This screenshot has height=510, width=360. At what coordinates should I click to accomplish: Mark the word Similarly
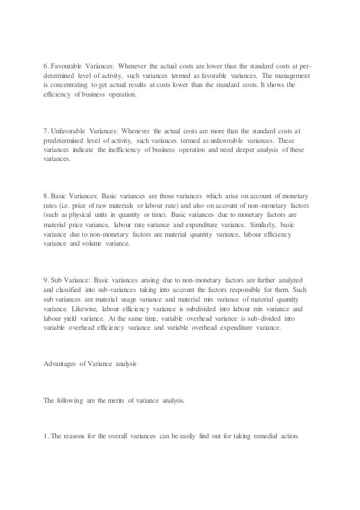click(x=245, y=215)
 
